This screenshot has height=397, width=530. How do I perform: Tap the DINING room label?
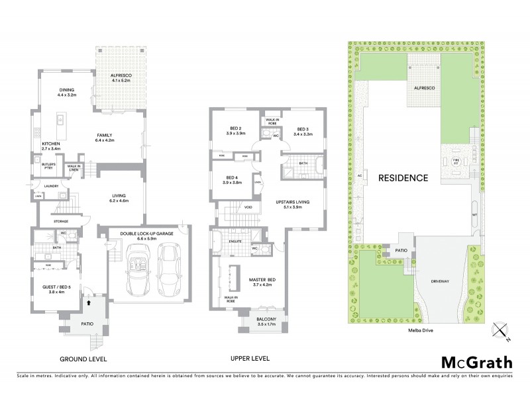click(66, 91)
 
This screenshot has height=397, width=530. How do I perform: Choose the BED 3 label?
click(303, 129)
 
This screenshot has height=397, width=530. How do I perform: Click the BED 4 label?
click(232, 177)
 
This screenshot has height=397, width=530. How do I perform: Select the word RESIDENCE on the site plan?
click(403, 177)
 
